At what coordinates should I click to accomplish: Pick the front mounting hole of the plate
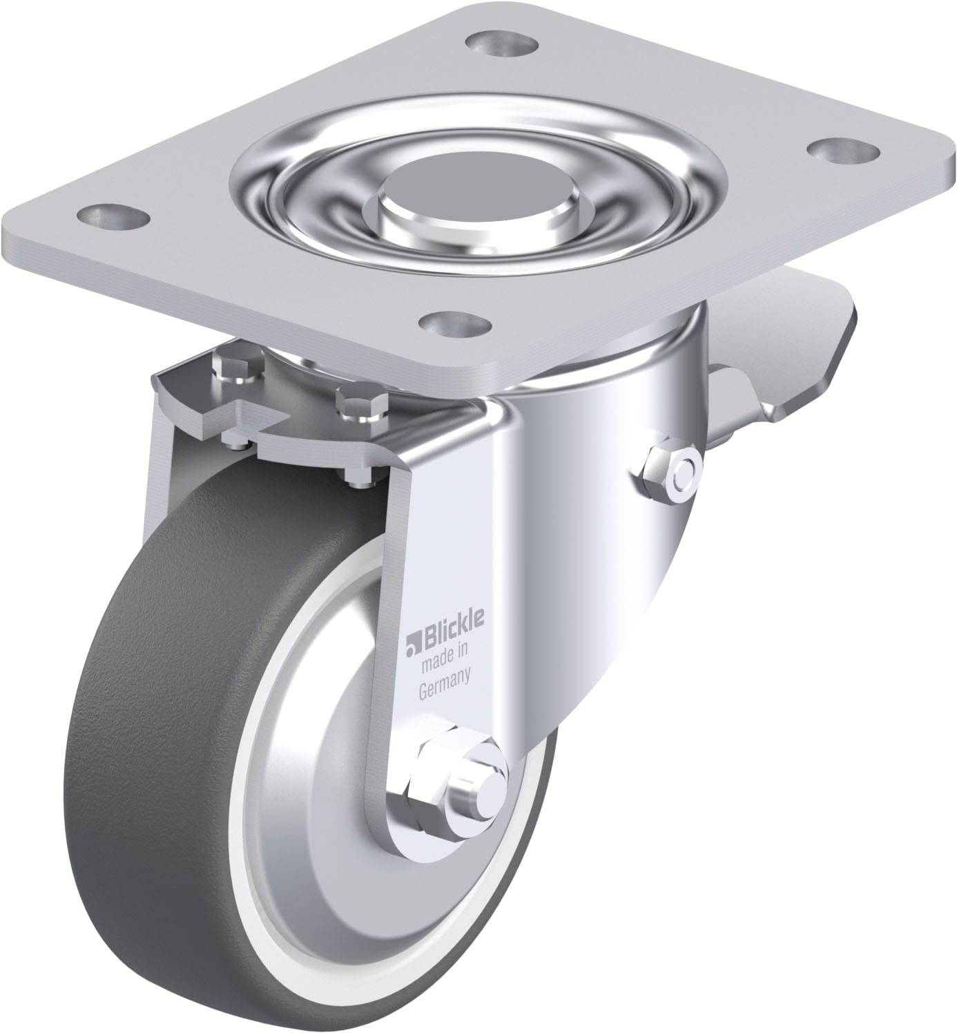[x=455, y=325]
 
